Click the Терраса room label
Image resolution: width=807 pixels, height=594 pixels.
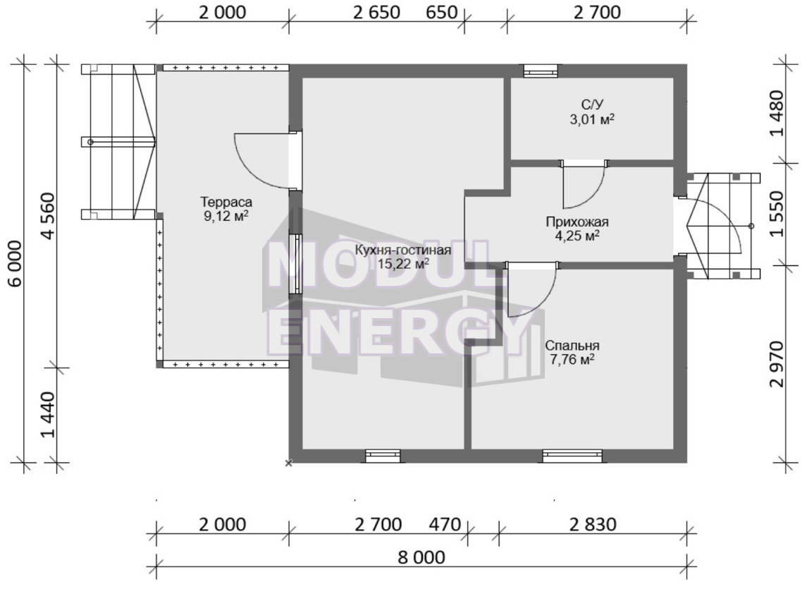click(226, 202)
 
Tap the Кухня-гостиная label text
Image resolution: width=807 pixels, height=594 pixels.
click(403, 251)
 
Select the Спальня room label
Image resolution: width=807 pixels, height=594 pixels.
click(572, 346)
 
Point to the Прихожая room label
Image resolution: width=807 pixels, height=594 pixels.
click(577, 222)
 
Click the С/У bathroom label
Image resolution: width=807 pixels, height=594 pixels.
click(592, 105)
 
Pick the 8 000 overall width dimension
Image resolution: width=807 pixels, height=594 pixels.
click(421, 557)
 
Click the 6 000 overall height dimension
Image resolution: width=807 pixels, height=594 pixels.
click(15, 263)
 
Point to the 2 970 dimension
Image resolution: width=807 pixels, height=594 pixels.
click(777, 364)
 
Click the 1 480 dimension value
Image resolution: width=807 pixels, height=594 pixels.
click(777, 114)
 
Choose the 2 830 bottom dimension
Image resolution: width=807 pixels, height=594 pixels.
click(593, 524)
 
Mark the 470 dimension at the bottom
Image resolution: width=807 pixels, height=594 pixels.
click(445, 524)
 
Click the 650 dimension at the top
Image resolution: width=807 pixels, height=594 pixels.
click(442, 13)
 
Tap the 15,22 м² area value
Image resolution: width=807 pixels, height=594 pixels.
click(403, 265)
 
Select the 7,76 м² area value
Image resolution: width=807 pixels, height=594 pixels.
click(572, 360)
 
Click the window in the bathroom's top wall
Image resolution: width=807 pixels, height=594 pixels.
click(541, 71)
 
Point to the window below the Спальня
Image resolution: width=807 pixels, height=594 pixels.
click(572, 456)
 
